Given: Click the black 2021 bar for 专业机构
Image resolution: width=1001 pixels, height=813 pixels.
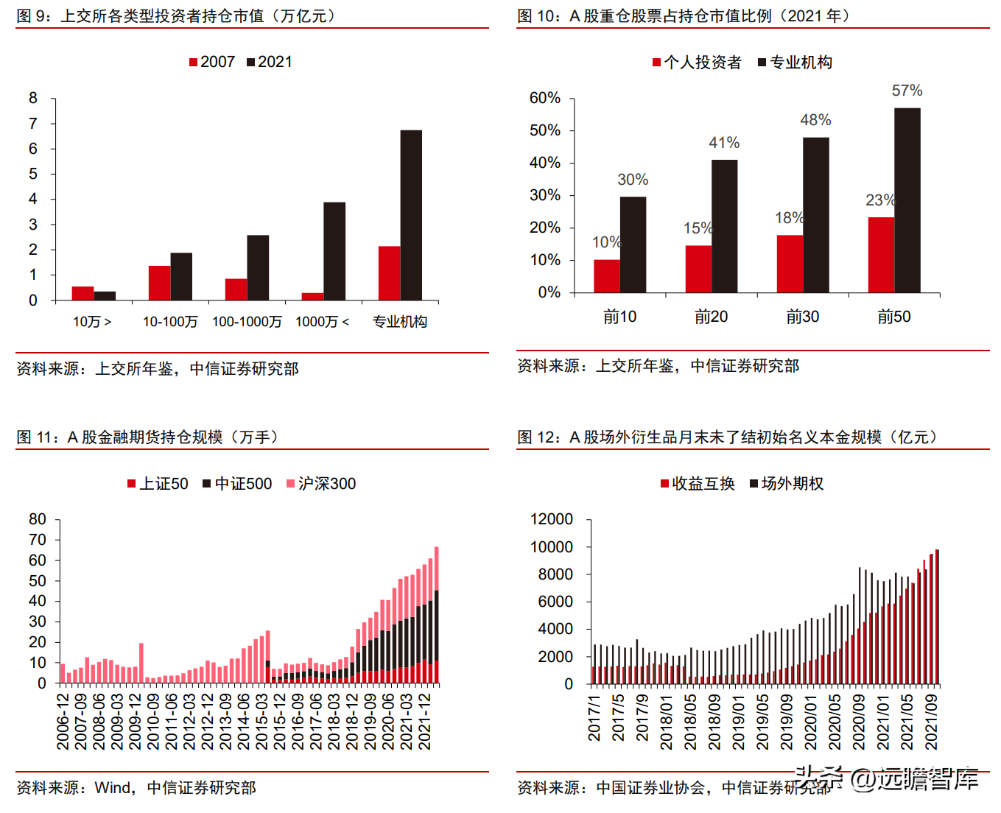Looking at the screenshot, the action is [x=411, y=215].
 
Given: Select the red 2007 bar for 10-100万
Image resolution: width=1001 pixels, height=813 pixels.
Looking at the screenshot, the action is [x=159, y=284].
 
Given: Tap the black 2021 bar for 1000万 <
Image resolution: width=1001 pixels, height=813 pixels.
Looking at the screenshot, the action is [x=334, y=251].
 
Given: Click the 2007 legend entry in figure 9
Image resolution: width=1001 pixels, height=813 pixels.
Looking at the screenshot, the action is [x=212, y=62].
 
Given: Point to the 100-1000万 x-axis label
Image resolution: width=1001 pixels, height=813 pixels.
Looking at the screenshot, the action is [x=247, y=322].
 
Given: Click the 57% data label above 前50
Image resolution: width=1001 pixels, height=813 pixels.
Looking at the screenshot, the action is [x=907, y=90].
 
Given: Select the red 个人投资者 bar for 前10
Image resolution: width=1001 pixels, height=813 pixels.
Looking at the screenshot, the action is [x=607, y=276].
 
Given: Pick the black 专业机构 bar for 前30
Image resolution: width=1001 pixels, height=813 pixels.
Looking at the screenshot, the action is [x=816, y=215].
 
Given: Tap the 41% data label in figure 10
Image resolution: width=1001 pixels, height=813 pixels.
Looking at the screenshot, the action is [x=724, y=142].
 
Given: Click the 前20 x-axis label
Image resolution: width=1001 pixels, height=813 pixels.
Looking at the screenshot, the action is [x=711, y=317].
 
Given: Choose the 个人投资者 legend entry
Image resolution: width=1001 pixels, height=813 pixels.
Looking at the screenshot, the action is [x=697, y=63].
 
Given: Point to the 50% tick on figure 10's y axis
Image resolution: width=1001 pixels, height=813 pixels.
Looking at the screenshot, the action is [x=544, y=130].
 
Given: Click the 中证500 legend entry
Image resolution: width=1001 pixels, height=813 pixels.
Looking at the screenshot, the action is [x=237, y=484].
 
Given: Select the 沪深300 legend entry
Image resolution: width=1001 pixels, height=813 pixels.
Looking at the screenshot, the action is [x=321, y=484].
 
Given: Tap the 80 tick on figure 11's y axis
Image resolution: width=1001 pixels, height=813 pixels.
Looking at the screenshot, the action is [x=38, y=519].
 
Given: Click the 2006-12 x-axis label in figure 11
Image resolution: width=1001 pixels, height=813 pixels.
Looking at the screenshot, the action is [x=63, y=722].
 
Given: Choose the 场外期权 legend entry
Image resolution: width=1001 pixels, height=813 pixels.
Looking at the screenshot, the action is [x=787, y=484].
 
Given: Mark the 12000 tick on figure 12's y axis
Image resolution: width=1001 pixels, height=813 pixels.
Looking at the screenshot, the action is [x=552, y=519].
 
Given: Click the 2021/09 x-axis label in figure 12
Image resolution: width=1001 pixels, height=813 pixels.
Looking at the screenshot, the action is [x=930, y=722].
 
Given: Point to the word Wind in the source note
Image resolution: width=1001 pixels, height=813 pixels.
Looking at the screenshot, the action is [x=112, y=788].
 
